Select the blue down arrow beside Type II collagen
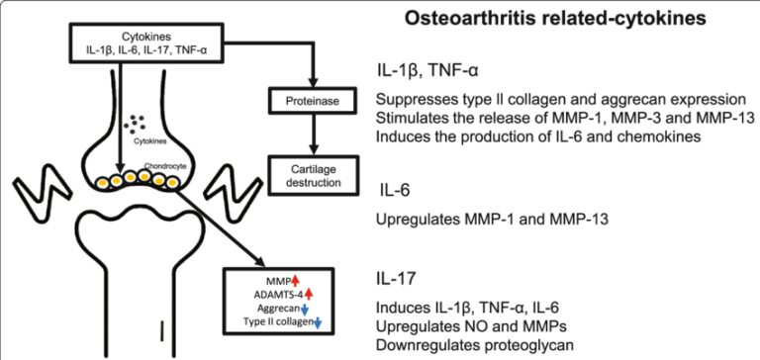(319, 323)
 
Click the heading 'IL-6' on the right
(400, 189)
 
